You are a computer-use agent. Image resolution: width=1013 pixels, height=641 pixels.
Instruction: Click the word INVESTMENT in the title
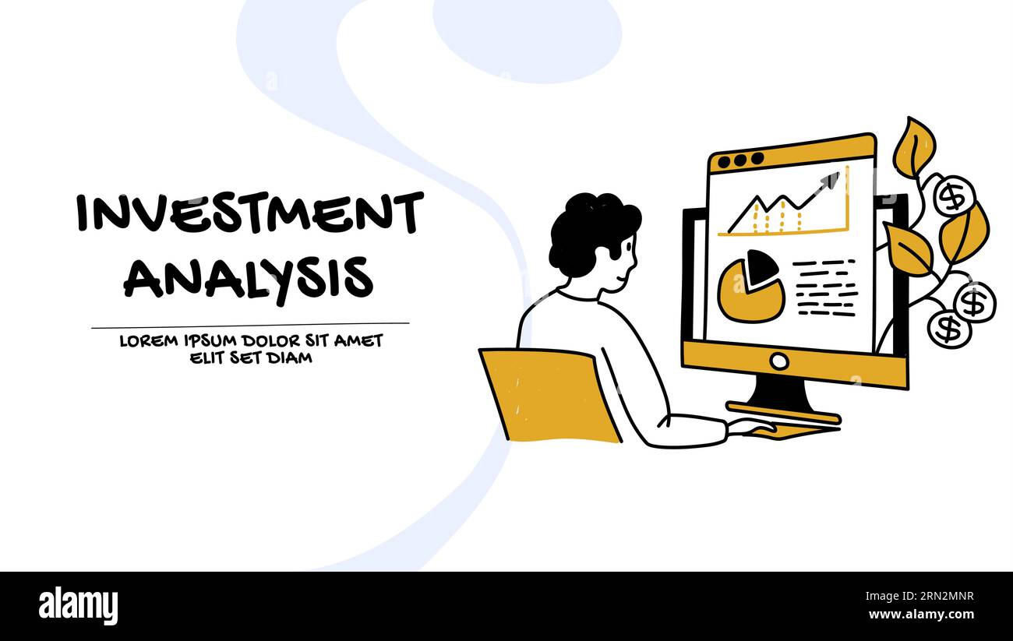point(249,213)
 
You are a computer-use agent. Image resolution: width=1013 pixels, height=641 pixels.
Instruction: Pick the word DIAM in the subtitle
point(290,358)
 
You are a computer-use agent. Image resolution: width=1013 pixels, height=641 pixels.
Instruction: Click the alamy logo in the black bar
point(78,606)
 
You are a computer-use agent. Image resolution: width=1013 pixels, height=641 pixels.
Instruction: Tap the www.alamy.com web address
point(922,615)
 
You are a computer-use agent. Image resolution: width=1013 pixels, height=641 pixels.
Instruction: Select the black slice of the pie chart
point(761,267)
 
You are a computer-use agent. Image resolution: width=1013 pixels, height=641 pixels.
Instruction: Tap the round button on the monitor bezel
point(778,361)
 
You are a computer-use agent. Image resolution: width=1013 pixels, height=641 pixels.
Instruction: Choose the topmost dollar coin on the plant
point(953,195)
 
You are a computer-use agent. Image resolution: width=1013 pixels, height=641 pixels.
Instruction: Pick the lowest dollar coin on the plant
point(948,329)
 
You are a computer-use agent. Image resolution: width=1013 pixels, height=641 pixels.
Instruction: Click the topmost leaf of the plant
point(914,147)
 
